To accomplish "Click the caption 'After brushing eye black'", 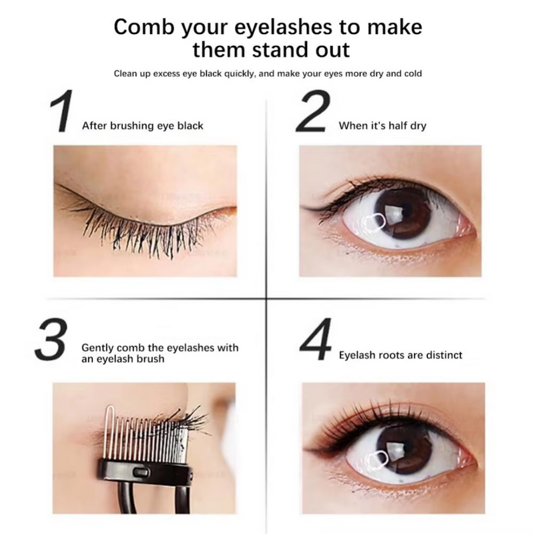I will point(142,125).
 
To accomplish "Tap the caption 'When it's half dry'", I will point(382,125).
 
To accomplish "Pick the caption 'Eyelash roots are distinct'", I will point(400,355).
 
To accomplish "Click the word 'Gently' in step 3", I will point(97,348).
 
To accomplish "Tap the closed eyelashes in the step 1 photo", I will point(133,230).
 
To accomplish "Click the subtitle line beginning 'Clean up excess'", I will point(267,73).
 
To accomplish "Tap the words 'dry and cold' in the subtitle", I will point(394,73).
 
